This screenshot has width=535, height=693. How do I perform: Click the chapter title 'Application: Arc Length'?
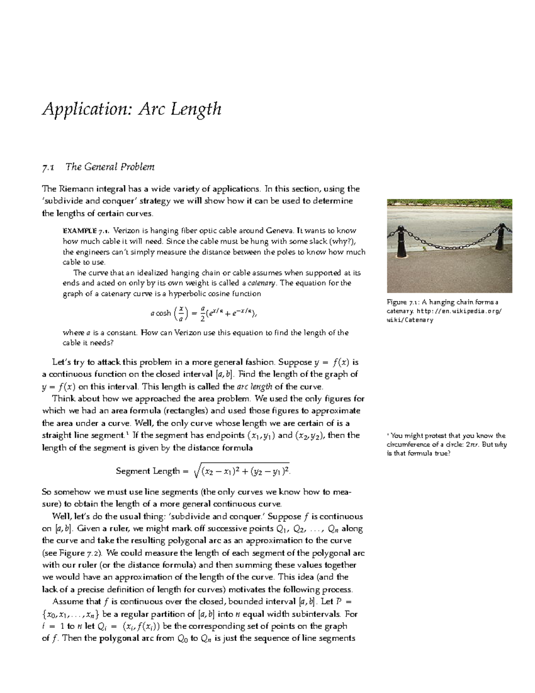(132, 109)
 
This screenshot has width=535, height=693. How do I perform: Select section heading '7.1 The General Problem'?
(98, 167)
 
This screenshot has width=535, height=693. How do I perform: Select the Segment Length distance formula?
(205, 471)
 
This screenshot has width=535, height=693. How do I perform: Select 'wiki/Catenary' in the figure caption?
(410, 320)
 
